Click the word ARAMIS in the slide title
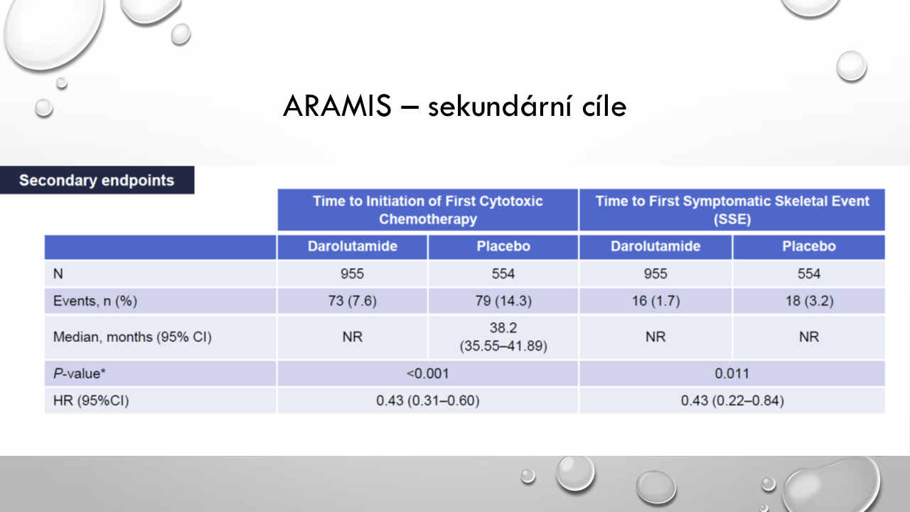[337, 107]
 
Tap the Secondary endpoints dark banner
[97, 180]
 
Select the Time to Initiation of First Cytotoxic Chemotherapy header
[428, 210]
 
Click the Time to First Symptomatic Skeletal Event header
[732, 210]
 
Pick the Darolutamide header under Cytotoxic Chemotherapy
[352, 246]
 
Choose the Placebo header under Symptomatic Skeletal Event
[809, 246]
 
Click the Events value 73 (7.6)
[352, 301]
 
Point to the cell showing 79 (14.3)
[503, 301]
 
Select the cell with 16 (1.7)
[655, 301]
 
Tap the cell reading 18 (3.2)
[809, 301]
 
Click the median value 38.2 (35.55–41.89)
[503, 337]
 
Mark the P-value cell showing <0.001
[428, 373]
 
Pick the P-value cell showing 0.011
[732, 373]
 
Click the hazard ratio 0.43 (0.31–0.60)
[428, 400]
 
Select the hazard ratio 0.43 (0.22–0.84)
[732, 400]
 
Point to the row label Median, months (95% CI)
[132, 337]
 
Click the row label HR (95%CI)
[91, 400]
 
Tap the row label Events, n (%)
[95, 301]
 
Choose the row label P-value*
[79, 373]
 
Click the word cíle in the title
[604, 107]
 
